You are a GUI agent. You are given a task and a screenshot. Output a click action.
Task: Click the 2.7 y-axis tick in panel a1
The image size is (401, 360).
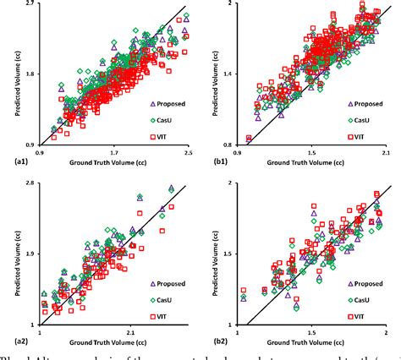point(28,5)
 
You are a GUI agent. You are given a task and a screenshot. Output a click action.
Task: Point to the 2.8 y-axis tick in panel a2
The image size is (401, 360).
point(28,183)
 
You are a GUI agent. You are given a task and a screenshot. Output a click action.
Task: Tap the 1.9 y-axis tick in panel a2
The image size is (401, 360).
point(28,253)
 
